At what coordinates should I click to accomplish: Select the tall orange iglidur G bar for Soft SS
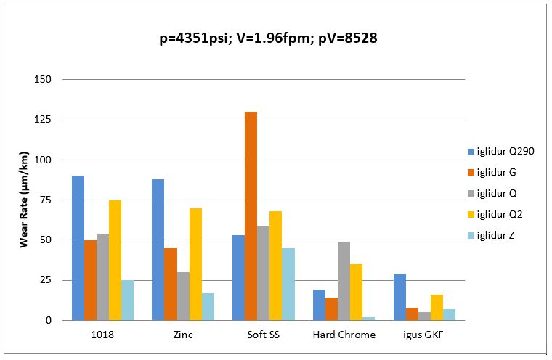[251, 216]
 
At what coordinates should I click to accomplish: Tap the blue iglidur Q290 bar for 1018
[78, 247]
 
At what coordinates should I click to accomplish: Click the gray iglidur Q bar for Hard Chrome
[344, 281]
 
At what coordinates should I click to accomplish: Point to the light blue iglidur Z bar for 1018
[127, 300]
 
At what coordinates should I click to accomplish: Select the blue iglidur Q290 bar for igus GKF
[399, 297]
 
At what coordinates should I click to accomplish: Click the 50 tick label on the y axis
[47, 240]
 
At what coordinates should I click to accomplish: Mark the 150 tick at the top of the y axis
[45, 79]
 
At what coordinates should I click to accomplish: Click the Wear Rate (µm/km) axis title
[25, 200]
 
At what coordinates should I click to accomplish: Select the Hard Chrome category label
[344, 335]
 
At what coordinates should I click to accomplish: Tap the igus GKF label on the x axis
[424, 335]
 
